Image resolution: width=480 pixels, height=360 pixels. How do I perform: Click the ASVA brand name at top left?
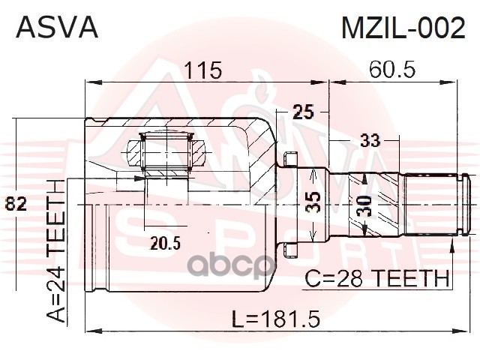[x=57, y=28]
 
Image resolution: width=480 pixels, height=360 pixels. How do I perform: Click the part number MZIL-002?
[x=403, y=28]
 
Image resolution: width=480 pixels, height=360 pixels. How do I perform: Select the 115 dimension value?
[x=202, y=70]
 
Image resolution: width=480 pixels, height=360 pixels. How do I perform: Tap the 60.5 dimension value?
[x=392, y=70]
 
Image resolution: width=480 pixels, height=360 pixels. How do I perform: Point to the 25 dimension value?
[x=303, y=112]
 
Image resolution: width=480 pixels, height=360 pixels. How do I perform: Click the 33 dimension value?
[x=370, y=140]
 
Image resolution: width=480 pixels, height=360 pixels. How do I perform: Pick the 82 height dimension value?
[x=16, y=203]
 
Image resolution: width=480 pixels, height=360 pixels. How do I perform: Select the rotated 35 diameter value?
[x=313, y=202]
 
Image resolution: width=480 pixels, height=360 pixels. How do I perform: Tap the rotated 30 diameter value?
[x=364, y=205]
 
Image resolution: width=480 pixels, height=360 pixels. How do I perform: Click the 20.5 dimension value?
[x=165, y=243]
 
